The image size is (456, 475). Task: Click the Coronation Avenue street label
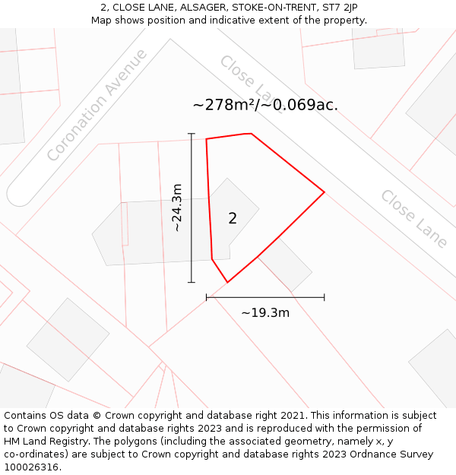coord(97,105)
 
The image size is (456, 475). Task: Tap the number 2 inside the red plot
coord(233,219)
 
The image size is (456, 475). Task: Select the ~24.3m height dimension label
coord(176,207)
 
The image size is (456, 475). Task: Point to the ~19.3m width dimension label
coord(265,312)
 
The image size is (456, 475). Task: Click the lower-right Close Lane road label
coord(414,219)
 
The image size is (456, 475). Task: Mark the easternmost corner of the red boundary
coord(325,192)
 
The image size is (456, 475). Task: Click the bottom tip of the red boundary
coord(227,283)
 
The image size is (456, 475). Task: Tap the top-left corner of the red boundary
coord(206,139)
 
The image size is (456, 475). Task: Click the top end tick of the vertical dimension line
coord(192,134)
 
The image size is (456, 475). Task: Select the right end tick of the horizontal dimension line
coord(325,297)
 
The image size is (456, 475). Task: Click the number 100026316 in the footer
coord(30,467)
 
